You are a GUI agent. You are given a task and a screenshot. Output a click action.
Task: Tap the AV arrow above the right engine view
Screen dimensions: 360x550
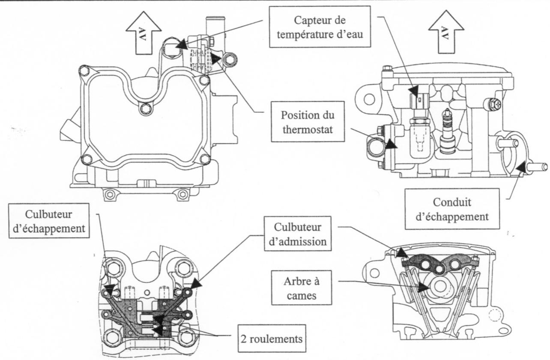pyautogui.click(x=446, y=35)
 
